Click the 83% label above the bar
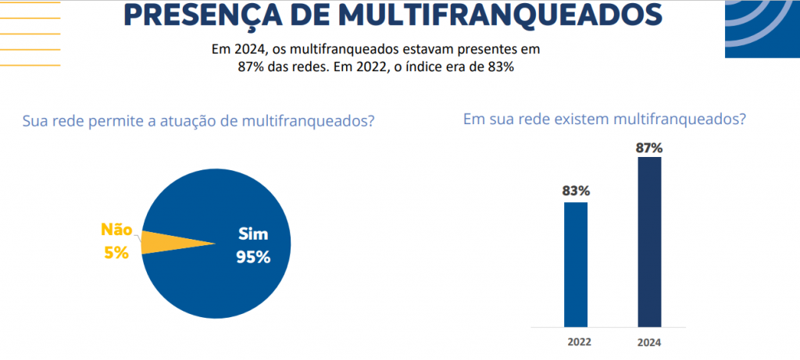[x=576, y=190]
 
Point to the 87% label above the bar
[x=649, y=147]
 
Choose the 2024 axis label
[x=649, y=341]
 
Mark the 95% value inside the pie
[x=253, y=257]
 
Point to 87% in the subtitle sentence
[x=251, y=67]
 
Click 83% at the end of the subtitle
[x=500, y=67]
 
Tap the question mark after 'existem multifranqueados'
[x=741, y=119]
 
